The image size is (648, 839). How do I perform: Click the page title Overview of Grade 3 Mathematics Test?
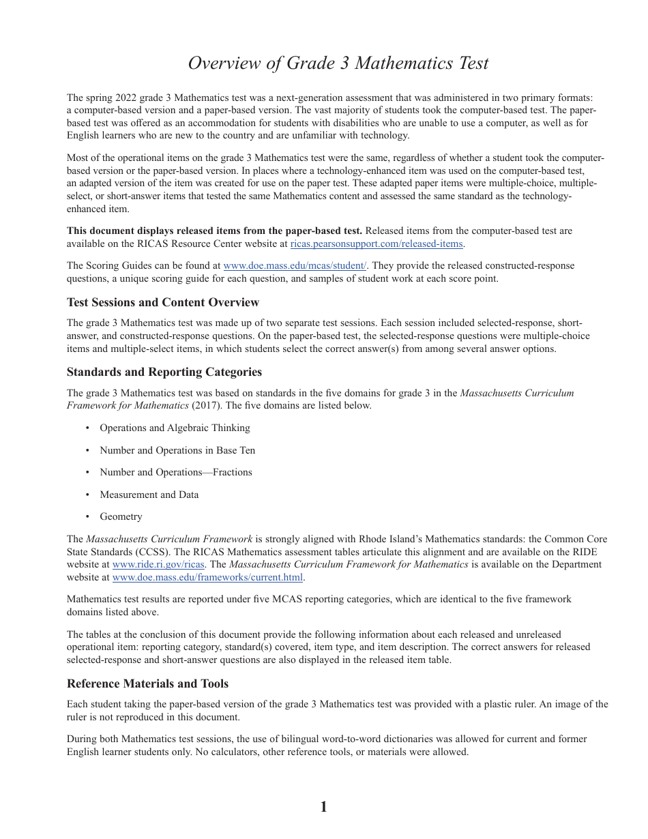338,63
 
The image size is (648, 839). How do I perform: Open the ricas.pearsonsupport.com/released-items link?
377,244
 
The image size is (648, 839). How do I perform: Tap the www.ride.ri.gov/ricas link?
158,564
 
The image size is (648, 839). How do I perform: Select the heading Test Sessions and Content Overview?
162,302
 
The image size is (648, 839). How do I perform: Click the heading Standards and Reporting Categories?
164,372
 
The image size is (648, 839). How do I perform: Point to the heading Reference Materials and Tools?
147,683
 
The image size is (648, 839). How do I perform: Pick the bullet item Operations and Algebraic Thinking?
175,428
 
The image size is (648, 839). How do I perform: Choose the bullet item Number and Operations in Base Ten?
177,450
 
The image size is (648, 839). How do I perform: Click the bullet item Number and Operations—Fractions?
176,472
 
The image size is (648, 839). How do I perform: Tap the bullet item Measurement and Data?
149,495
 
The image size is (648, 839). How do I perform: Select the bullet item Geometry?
121,516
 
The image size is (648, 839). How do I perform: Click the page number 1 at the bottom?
323,807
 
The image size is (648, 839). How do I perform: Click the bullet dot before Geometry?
87,517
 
